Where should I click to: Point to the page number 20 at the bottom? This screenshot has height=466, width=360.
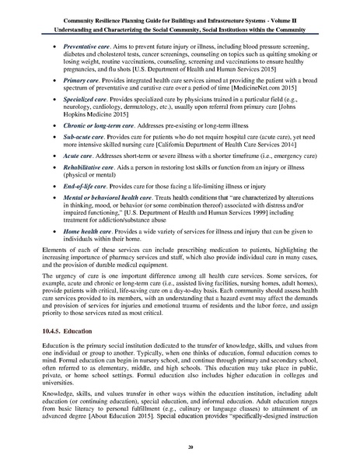click(x=180, y=450)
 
